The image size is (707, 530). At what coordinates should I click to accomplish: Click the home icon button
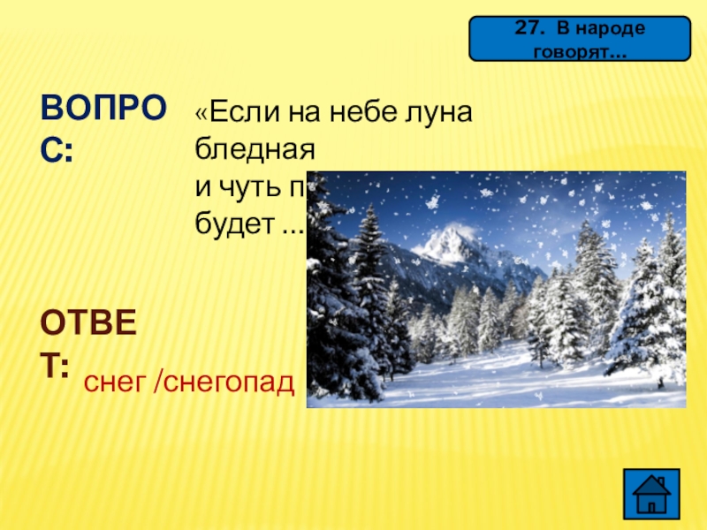pyautogui.click(x=653, y=490)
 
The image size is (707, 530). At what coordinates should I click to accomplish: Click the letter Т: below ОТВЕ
pyautogui.click(x=55, y=367)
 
